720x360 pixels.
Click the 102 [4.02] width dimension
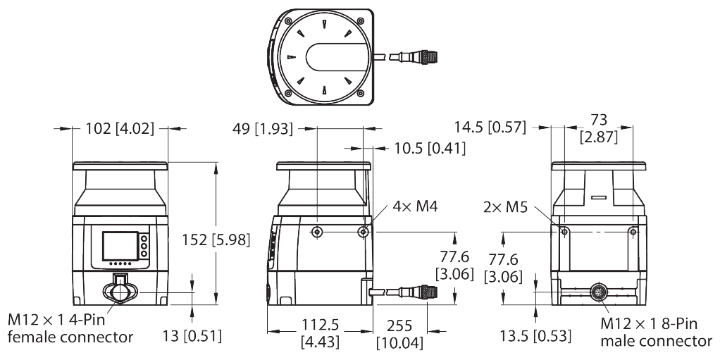point(120,129)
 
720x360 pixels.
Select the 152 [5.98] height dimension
point(215,240)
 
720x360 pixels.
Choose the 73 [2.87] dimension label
point(598,128)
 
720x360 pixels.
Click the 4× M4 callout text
point(416,206)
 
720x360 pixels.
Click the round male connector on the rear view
point(599,292)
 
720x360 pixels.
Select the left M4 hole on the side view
point(318,232)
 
